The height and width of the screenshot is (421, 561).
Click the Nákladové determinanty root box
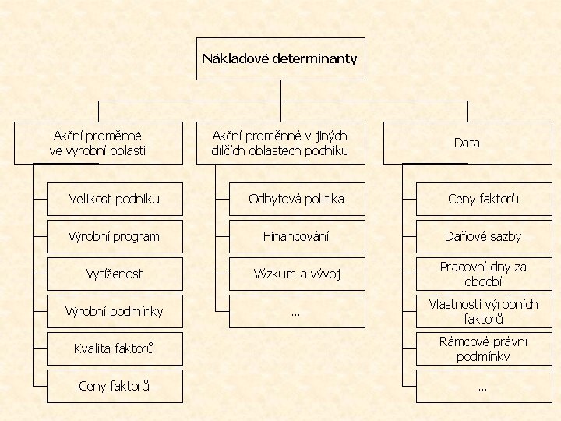[280, 58]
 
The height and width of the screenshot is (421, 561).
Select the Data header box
[467, 143]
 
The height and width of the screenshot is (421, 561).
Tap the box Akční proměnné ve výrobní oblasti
[98, 143]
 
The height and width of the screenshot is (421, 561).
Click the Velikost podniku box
[115, 199]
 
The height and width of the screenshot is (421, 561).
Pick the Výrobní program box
[115, 236]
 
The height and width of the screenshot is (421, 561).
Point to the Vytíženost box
[115, 274]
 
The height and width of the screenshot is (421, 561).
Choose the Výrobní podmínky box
[115, 311]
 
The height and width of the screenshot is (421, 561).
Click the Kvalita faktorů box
[115, 348]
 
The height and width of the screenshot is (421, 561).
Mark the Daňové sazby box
[483, 236]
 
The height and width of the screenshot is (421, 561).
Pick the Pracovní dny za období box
[483, 274]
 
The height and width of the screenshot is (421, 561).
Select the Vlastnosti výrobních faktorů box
[483, 311]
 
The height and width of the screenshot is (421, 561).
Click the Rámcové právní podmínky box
[483, 348]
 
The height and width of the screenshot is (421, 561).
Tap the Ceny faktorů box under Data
[483, 199]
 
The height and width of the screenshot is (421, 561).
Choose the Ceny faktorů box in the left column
[115, 386]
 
